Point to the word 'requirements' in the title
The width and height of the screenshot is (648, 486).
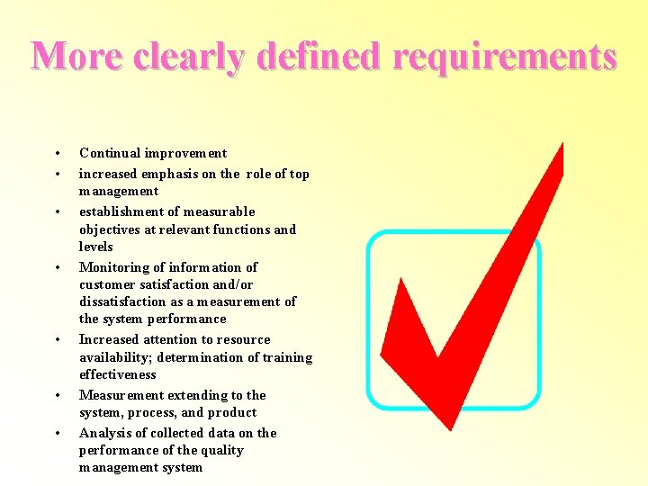pyautogui.click(x=498, y=57)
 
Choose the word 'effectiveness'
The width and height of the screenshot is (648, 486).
pyautogui.click(x=118, y=374)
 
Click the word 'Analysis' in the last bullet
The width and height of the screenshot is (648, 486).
pyautogui.click(x=105, y=433)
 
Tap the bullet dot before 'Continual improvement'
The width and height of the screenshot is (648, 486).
pyautogui.click(x=57, y=154)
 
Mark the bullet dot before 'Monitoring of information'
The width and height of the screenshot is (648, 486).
pyautogui.click(x=57, y=268)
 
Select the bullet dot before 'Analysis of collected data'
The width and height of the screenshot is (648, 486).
pyautogui.click(x=57, y=434)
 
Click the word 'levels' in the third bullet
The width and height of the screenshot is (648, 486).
pyautogui.click(x=96, y=247)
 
